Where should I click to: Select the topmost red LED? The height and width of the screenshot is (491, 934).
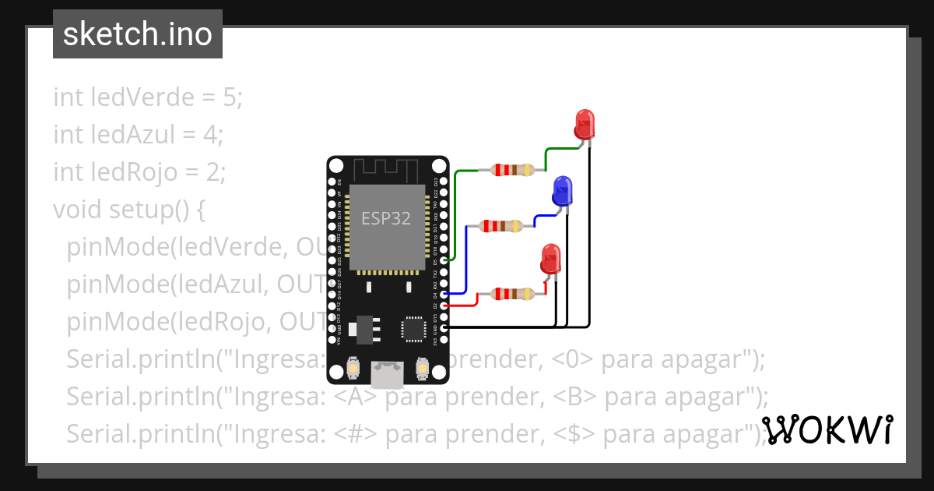[x=585, y=125]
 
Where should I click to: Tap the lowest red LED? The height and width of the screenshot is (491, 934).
[x=550, y=258]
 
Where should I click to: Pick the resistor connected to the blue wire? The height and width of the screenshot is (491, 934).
[x=501, y=226]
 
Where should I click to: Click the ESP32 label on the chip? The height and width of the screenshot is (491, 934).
[x=385, y=218]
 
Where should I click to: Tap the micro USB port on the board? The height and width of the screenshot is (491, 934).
[x=387, y=375]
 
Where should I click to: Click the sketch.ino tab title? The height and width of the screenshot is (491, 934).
[x=138, y=34]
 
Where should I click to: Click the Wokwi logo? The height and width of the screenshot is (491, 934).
[x=827, y=430]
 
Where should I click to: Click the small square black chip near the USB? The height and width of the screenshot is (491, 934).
[x=413, y=328]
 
